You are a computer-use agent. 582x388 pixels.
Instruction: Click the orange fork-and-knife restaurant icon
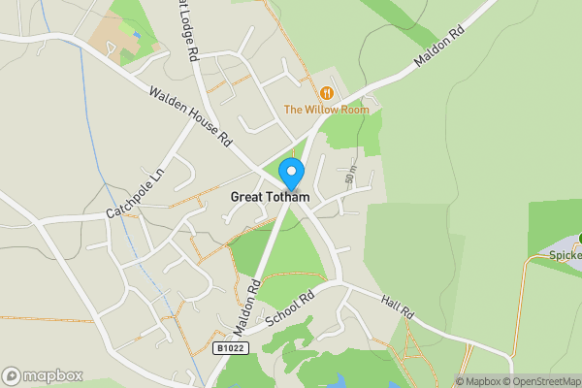click(x=327, y=93)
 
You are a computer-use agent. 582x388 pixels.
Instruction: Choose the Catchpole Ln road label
click(x=137, y=192)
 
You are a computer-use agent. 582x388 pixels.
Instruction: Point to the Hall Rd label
click(x=398, y=307)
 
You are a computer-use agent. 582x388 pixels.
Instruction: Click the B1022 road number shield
click(x=230, y=347)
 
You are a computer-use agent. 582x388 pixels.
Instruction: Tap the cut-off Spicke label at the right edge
click(x=565, y=256)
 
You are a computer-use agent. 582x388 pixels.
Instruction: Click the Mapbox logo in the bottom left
click(x=42, y=375)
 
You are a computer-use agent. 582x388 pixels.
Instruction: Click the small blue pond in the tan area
click(x=137, y=36)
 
